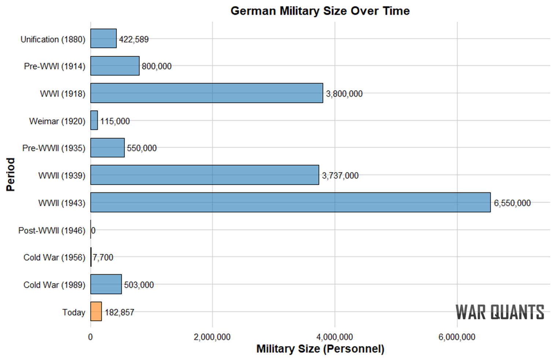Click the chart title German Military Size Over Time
click(320, 11)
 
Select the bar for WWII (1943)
click(290, 202)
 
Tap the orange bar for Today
click(96, 312)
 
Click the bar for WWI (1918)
click(207, 93)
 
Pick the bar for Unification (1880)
click(103, 38)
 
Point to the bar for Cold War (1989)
click(106, 284)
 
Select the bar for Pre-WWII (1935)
click(107, 148)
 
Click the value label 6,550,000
click(512, 203)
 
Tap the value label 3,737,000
click(340, 175)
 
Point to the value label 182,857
click(119, 312)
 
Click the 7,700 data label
click(103, 257)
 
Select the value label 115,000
click(115, 121)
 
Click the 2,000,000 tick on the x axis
click(212, 337)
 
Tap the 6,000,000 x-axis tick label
click(457, 337)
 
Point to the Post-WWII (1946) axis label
click(52, 230)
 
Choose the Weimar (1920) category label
click(57, 121)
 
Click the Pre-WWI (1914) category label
click(55, 66)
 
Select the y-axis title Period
click(11, 175)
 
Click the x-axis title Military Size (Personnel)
click(320, 349)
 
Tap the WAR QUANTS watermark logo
click(500, 312)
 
